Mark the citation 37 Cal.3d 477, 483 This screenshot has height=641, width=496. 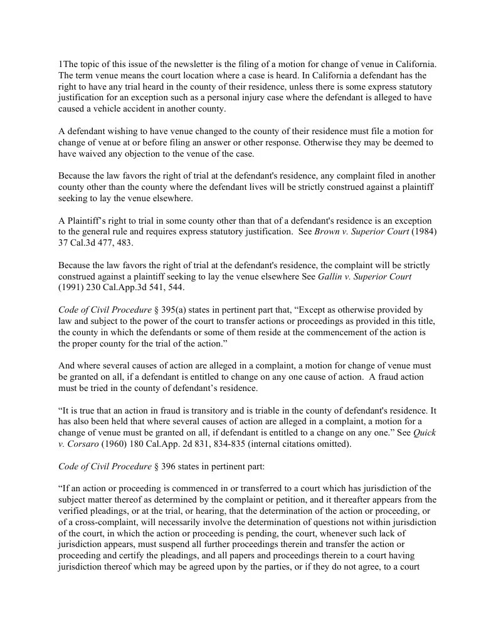click(x=95, y=242)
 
